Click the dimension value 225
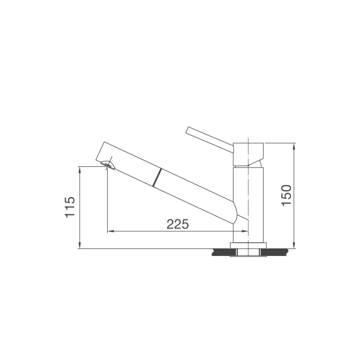178,224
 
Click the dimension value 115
70,207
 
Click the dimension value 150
286,195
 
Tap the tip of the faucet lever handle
187,130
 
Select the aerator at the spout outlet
108,164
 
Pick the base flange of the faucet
248,246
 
